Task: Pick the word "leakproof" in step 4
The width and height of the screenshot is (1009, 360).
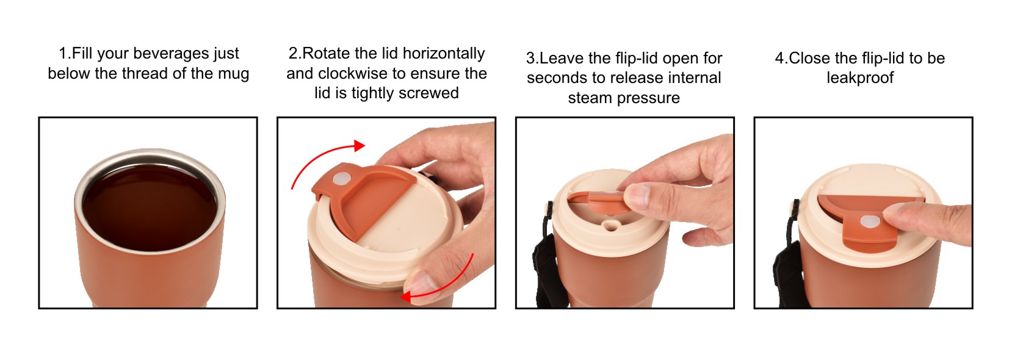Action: pos(860,78)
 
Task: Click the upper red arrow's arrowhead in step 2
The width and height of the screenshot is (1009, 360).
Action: pos(359,145)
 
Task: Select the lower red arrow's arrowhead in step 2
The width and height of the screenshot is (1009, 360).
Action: pos(406,297)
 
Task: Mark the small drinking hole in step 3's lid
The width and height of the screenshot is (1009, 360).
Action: pos(611,225)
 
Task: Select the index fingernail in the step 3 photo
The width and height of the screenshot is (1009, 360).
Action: pos(637,196)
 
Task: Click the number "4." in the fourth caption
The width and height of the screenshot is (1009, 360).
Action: pos(781,59)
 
